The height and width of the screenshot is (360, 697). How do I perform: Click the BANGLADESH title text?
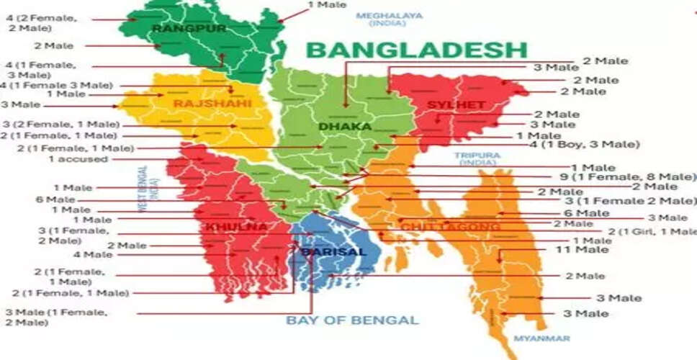(417, 50)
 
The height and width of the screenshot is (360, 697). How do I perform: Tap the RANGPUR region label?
(189, 28)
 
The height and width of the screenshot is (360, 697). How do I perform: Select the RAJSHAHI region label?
(212, 104)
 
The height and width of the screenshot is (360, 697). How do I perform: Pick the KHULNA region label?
(226, 227)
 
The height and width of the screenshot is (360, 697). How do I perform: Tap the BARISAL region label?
(324, 252)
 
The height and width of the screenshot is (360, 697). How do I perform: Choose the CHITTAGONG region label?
(450, 227)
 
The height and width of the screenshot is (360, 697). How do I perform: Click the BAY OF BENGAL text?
(352, 320)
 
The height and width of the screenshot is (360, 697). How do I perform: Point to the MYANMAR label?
(541, 338)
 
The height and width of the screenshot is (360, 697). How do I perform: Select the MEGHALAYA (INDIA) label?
(390, 19)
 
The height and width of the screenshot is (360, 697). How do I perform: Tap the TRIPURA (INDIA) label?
(477, 158)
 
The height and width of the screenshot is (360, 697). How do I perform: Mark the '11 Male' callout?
(582, 250)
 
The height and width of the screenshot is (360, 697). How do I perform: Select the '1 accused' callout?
(78, 159)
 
